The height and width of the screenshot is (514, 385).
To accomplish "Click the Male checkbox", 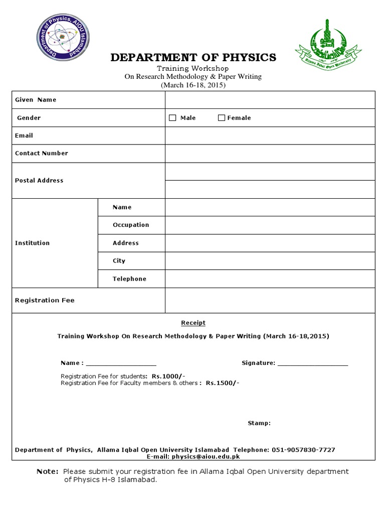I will [x=173, y=118].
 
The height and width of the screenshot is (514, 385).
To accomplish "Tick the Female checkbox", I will [x=222, y=118].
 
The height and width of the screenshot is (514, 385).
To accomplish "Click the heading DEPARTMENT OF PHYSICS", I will [x=193, y=57].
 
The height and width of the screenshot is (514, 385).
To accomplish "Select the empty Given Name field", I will [x=270, y=100].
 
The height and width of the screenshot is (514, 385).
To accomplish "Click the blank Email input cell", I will [x=270, y=136].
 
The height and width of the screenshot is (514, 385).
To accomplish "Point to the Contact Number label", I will [x=42, y=154].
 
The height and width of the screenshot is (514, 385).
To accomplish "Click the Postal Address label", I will [x=39, y=181].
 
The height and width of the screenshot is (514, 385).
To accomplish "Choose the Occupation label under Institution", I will [x=131, y=225].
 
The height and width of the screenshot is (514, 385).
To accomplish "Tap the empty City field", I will [x=270, y=261].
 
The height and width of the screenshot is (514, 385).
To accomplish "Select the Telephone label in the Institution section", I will [x=129, y=279].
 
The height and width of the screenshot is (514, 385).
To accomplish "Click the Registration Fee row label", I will [x=45, y=301].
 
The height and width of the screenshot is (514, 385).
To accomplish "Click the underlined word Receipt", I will [x=193, y=323].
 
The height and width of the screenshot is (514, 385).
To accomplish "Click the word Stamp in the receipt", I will [x=259, y=424].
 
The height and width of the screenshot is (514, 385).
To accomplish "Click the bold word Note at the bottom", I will [x=48, y=472].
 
